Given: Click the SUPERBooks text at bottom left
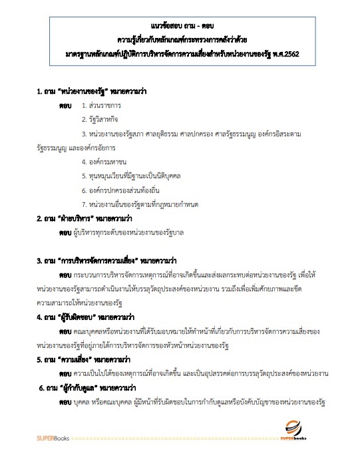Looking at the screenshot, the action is pyautogui.click(x=51, y=439).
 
